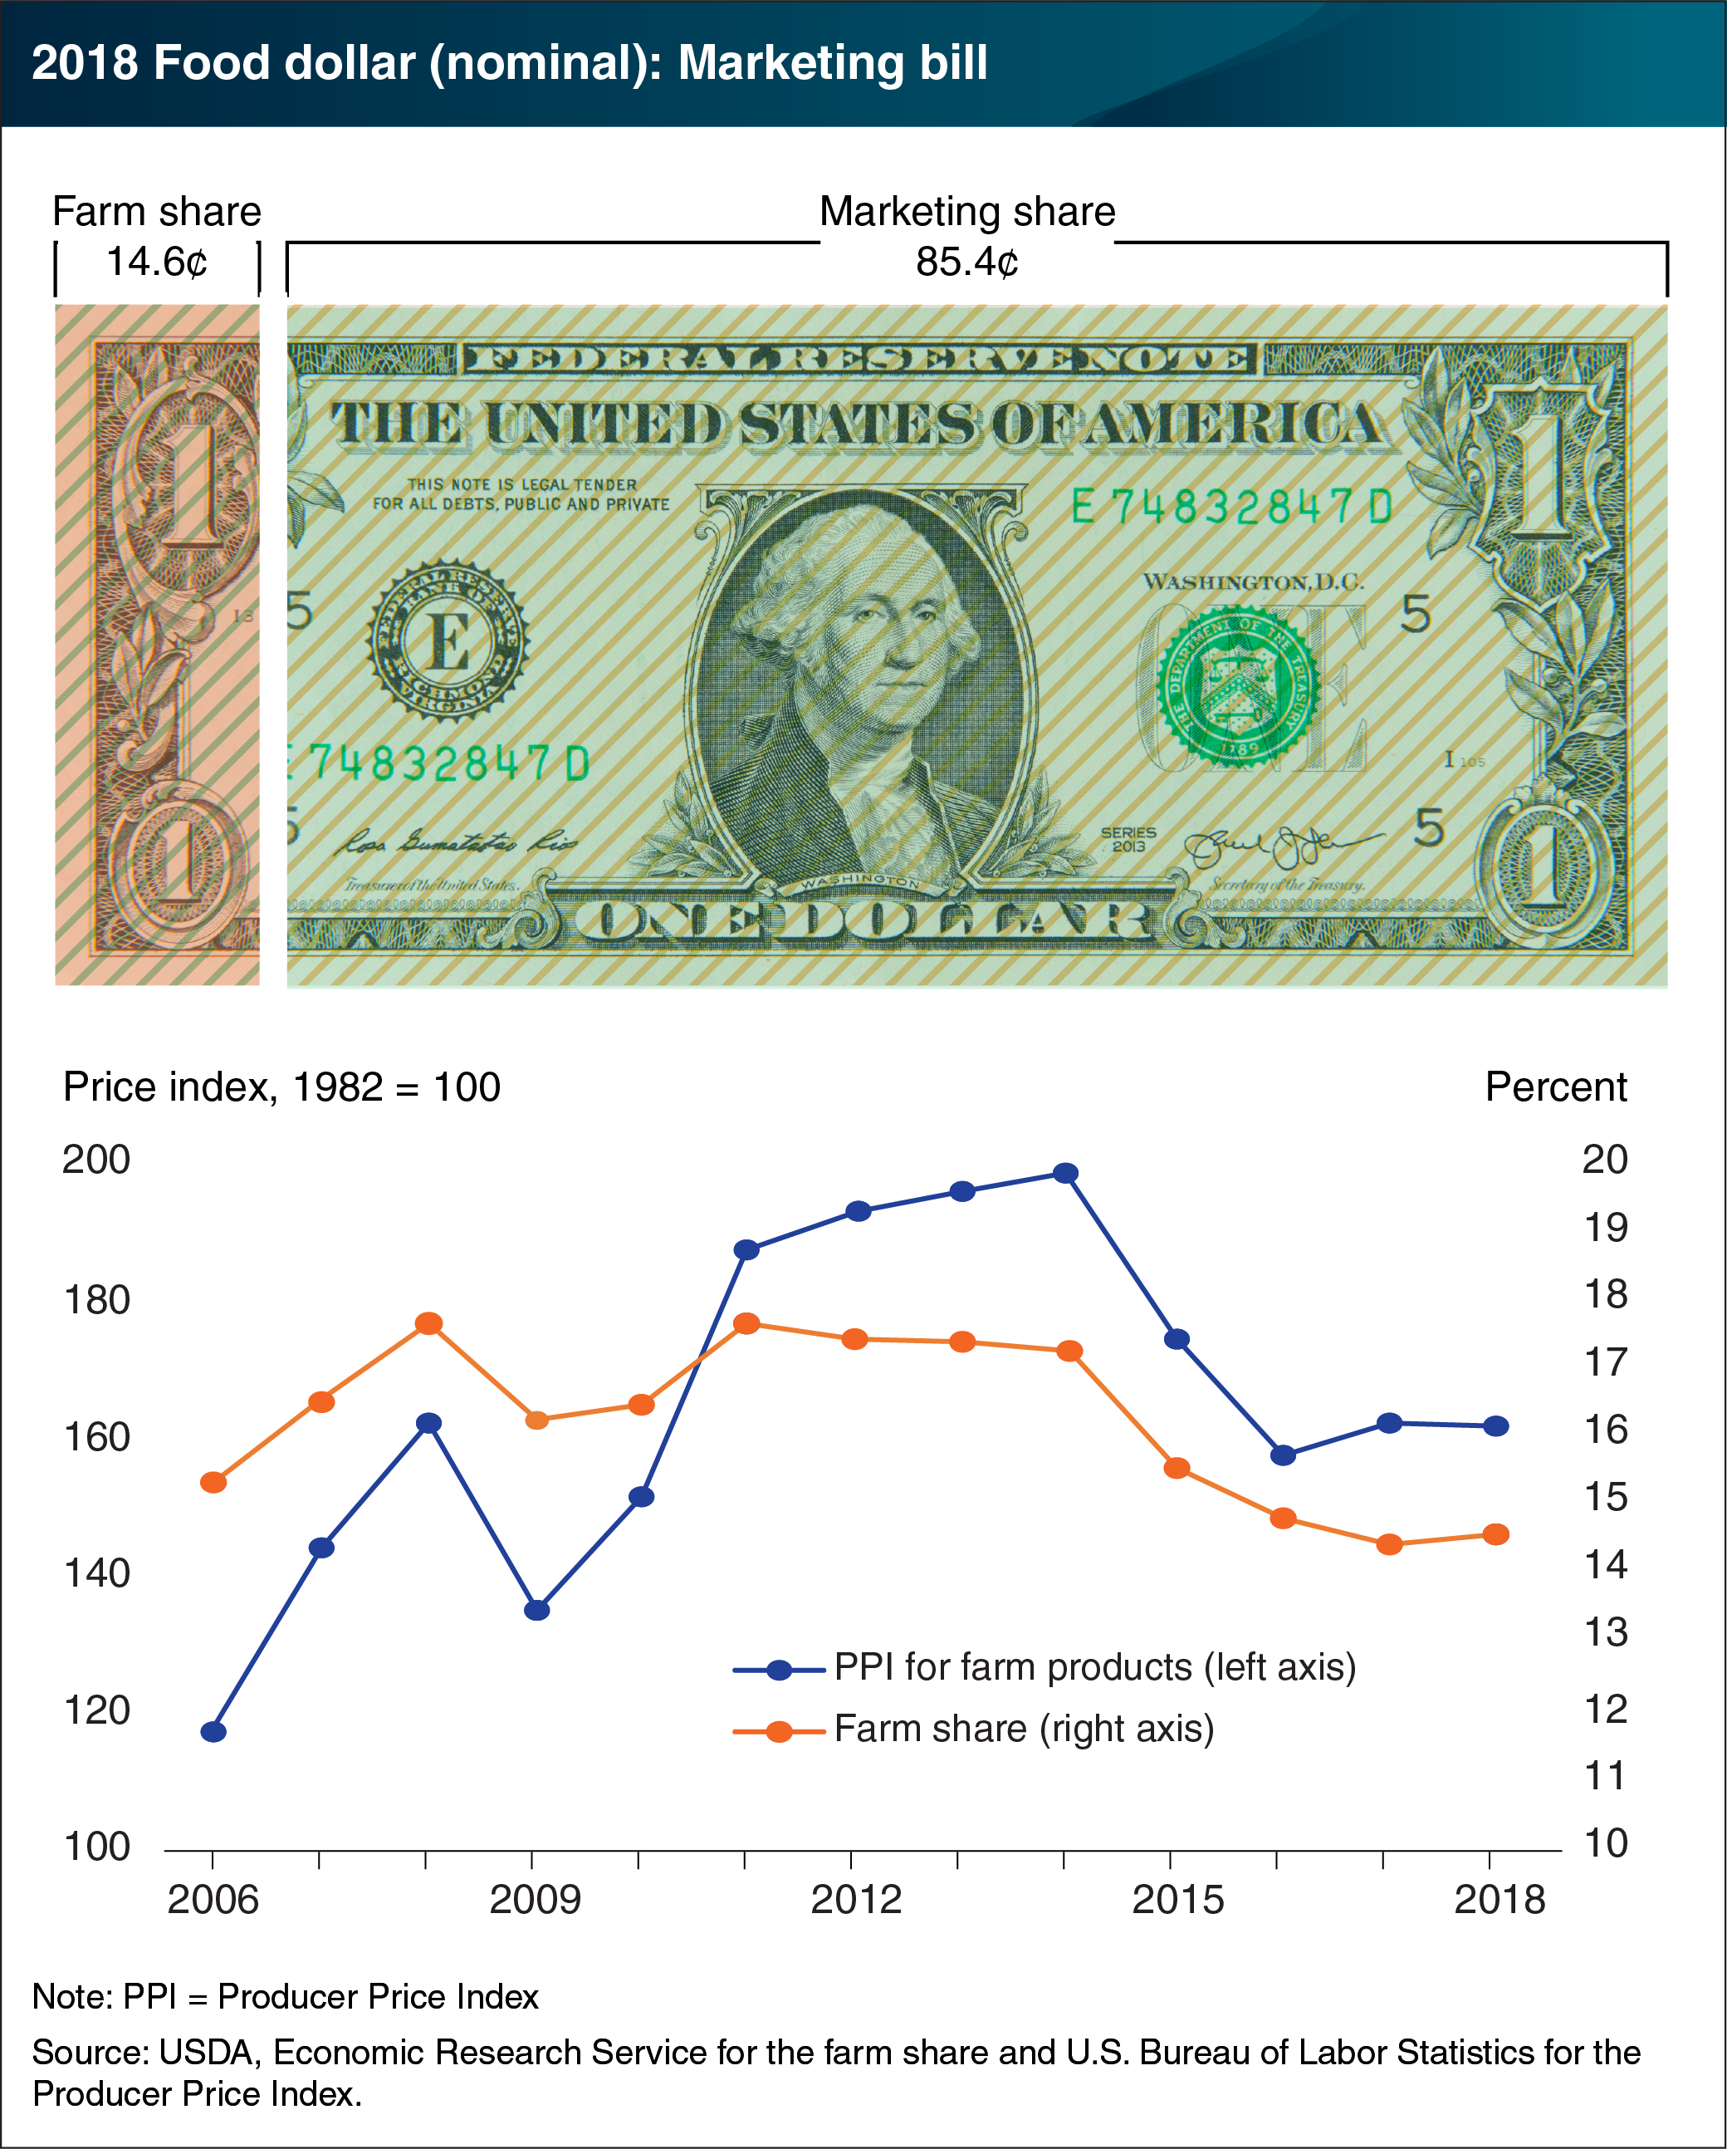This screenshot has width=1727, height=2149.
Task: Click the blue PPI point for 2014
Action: pos(1065,1173)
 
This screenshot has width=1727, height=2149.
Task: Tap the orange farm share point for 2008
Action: pos(428,1323)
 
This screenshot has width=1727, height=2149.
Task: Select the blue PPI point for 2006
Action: pos(213,1731)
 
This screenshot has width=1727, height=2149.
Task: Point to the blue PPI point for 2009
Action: pos(537,1610)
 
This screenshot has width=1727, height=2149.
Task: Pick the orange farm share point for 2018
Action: pos(1496,1535)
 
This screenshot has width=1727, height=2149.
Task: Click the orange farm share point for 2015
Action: pos(1177,1468)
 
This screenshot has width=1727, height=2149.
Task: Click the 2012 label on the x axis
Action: pos(856,1900)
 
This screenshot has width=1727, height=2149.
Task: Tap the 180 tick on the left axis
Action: pos(96,1300)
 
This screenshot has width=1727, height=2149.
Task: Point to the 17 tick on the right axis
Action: pos(1606,1362)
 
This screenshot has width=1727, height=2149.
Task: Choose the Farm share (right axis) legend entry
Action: pos(1024,1730)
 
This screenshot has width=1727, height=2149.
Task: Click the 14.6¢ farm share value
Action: pos(156,262)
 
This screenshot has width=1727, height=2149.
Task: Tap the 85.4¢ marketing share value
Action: pos(966,262)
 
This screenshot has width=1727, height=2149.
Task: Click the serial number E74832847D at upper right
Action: pos(1231,508)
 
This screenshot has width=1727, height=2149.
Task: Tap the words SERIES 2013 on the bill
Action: pos(1128,839)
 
